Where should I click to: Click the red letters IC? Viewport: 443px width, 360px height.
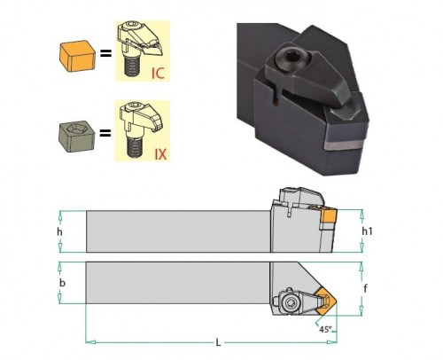pyautogui.click(x=158, y=73)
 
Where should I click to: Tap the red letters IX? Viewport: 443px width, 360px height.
pyautogui.click(x=160, y=153)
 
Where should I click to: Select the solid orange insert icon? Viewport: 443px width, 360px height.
pyautogui.click(x=77, y=56)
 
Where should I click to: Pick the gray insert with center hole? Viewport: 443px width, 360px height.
pyautogui.click(x=77, y=137)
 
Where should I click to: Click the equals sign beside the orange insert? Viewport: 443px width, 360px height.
pyautogui.click(x=105, y=53)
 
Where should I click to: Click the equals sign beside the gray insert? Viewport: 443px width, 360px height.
pyautogui.click(x=105, y=133)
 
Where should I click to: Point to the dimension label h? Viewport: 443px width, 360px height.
pyautogui.click(x=59, y=232)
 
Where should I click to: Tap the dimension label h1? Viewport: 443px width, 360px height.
pyautogui.click(x=367, y=231)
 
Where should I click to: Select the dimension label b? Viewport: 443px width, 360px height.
pyautogui.click(x=62, y=283)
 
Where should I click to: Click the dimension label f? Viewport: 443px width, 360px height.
pyautogui.click(x=365, y=288)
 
